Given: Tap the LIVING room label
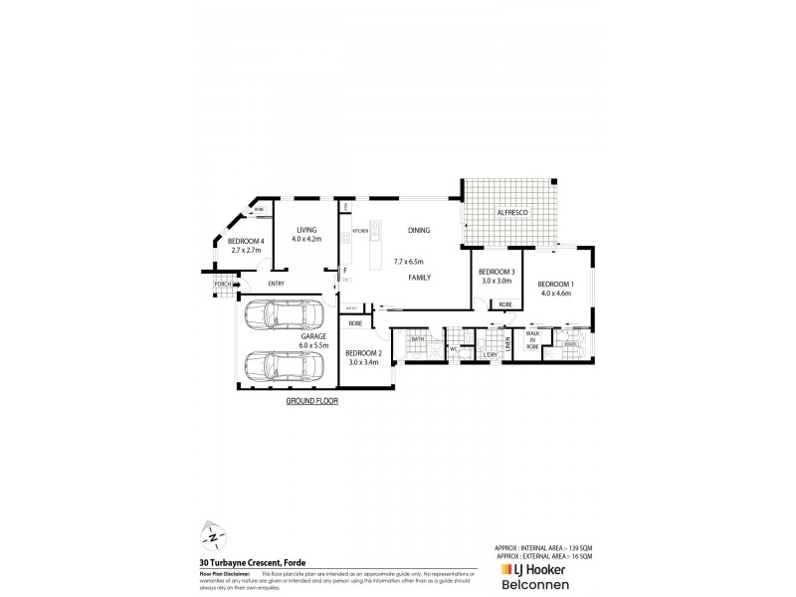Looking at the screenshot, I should [x=305, y=230].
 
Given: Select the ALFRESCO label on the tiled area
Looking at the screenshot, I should [x=512, y=212].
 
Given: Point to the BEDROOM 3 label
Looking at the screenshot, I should [x=497, y=272].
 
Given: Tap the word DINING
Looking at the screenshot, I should [x=419, y=230].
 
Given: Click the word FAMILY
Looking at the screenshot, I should [x=419, y=280].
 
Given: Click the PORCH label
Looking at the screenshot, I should [x=222, y=288].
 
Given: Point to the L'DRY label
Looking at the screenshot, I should [x=490, y=355].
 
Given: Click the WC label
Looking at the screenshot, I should [x=453, y=349].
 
